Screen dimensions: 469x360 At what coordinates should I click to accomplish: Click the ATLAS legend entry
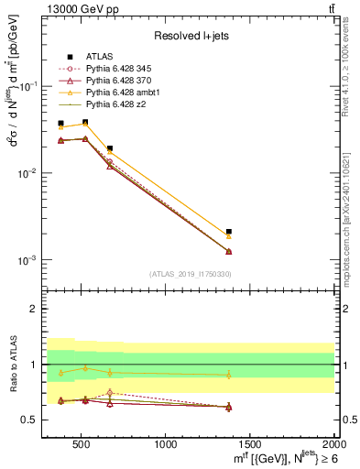click(x=102, y=57)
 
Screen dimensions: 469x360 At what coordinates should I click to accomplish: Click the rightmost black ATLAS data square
click(x=229, y=232)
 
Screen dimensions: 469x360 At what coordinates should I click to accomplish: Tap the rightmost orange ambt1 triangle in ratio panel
click(x=229, y=375)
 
